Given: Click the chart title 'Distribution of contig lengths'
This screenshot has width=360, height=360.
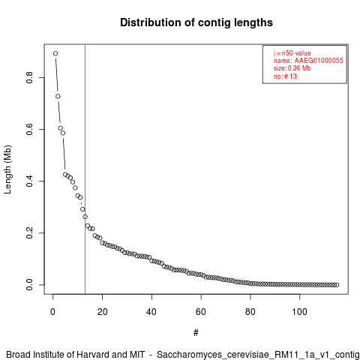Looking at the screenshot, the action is point(196,22).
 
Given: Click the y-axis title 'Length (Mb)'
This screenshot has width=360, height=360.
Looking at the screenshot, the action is point(7,169).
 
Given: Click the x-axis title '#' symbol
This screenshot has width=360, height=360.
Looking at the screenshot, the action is point(196,333).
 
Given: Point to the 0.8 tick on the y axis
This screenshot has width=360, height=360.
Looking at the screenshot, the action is point(29,77).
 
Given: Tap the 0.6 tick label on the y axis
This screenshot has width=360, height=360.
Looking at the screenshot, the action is point(29,129).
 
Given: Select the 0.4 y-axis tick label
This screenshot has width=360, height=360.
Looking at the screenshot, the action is point(29,181).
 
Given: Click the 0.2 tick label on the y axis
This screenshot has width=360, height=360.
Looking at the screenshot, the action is point(29,232).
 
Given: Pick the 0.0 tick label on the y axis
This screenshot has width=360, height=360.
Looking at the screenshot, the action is point(29,285).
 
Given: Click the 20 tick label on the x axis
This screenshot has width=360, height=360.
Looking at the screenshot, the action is point(102,312).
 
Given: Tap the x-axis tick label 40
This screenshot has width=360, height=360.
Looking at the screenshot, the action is point(151,312).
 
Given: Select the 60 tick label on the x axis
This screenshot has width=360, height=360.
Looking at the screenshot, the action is point(201,312).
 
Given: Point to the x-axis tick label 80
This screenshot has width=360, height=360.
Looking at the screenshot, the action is point(250,312).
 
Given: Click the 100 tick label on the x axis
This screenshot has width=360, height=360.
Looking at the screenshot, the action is point(299,312).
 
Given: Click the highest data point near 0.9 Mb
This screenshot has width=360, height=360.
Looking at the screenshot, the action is point(55,53).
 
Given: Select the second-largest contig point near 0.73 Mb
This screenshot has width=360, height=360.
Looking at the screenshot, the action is point(58,96).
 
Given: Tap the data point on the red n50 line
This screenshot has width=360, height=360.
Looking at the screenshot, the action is point(85,217).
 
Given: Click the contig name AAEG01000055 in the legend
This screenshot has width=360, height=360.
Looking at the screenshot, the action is point(319,61).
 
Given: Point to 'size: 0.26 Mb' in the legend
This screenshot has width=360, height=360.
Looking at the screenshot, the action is point(292,68).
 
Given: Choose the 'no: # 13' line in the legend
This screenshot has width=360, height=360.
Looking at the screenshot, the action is point(285,76).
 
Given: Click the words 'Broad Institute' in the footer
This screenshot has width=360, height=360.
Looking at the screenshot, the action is point(36,355).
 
